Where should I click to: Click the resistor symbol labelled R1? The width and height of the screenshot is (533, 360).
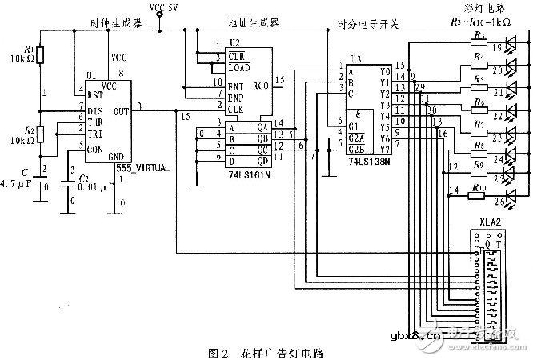point(42,55)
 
